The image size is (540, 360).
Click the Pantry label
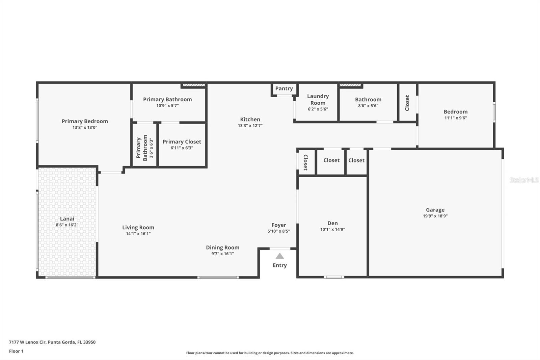click(x=284, y=88)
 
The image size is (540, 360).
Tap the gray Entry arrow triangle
click(x=280, y=256)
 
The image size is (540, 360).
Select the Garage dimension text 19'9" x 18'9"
click(x=435, y=216)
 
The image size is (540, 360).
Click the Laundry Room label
click(x=318, y=99)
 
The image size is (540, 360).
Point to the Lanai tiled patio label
click(x=67, y=219)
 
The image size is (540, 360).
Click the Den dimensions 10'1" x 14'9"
click(x=332, y=230)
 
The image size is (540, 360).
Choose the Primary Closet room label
click(x=182, y=142)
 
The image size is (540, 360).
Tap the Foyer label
click(x=278, y=225)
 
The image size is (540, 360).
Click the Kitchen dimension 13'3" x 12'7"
click(x=250, y=126)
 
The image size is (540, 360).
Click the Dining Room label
click(x=222, y=248)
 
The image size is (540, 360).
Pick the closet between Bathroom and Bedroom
click(x=407, y=103)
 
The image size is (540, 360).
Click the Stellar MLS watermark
click(x=524, y=180)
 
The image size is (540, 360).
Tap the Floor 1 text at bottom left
click(x=16, y=351)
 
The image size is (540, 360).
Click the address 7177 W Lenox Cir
click(x=27, y=342)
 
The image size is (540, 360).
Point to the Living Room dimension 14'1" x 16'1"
click(x=138, y=234)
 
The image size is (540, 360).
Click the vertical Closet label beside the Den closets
click(x=305, y=162)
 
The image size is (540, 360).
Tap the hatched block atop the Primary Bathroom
click(x=194, y=85)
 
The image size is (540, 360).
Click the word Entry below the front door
click(x=280, y=265)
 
